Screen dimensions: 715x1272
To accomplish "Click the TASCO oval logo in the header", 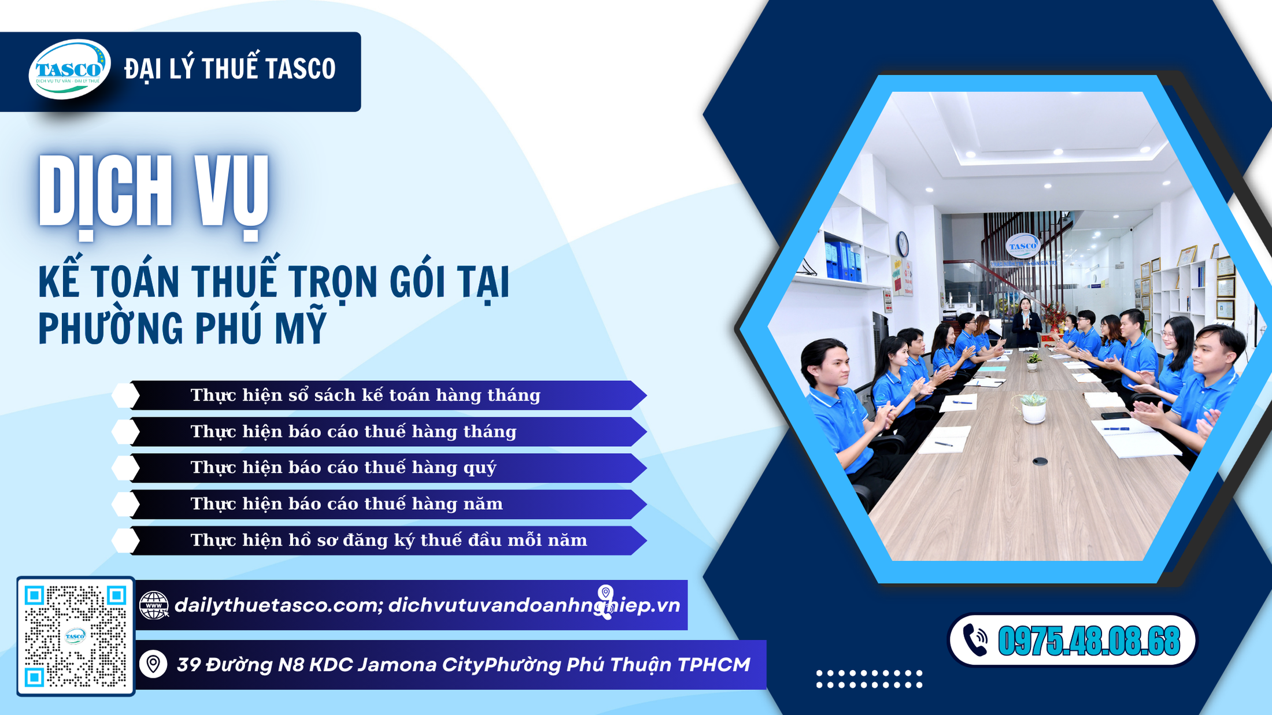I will click(69, 69).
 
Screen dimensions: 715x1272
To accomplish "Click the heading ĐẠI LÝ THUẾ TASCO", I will click(230, 69).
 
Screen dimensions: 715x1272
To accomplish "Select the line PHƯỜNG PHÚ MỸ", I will click(183, 328).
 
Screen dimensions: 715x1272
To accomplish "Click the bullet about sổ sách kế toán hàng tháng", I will click(365, 395).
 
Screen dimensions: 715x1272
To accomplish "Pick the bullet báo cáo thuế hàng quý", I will click(343, 468).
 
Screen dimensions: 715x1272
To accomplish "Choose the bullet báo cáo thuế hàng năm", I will click(347, 504).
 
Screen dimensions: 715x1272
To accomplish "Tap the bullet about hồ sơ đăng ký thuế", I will click(389, 540).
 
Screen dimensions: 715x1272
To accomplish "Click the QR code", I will click(75, 636).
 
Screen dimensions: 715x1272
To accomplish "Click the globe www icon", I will click(154, 605).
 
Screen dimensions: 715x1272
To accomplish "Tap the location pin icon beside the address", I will click(153, 664).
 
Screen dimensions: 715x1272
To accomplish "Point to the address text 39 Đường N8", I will click(463, 665).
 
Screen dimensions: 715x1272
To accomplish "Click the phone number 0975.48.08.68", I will click(1089, 641).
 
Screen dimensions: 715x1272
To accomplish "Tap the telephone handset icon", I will click(976, 640).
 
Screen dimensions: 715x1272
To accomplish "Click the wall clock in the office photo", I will click(903, 244).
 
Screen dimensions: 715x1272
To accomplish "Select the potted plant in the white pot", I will click(1033, 407).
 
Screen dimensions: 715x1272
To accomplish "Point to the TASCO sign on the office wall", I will click(1023, 246).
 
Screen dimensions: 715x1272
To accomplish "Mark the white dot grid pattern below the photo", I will click(869, 679).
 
